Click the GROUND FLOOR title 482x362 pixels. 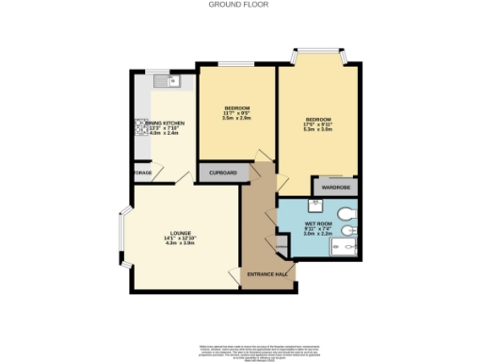coord(241,5)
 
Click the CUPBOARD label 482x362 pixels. coord(223,173)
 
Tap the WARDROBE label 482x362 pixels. coord(335,188)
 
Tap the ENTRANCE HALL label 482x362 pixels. coord(266,273)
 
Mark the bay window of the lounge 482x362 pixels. coord(123,236)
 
